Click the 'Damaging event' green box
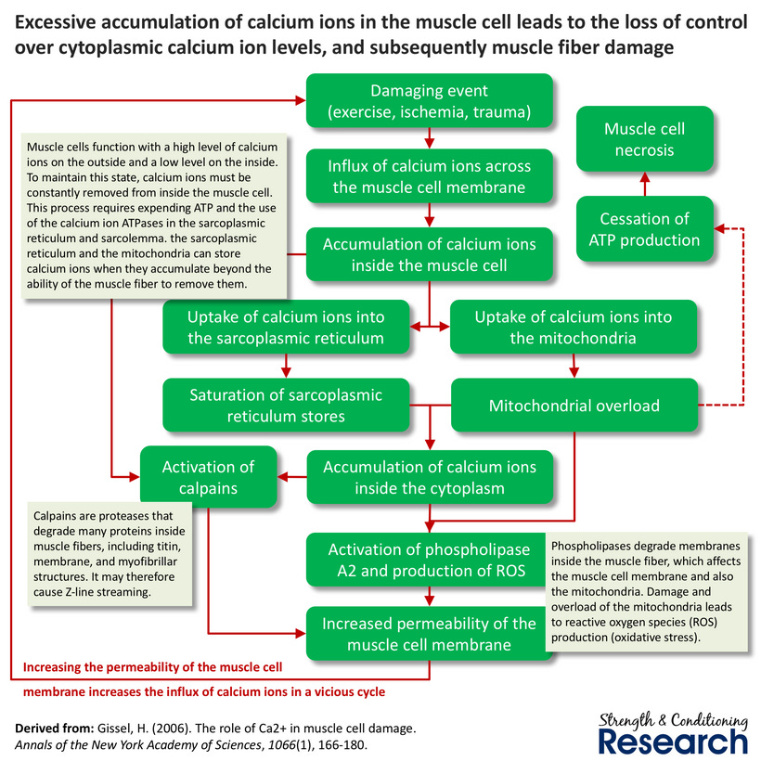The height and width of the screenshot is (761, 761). tap(429, 102)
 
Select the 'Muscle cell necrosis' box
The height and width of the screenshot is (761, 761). tap(645, 139)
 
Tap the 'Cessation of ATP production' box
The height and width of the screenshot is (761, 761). tap(645, 229)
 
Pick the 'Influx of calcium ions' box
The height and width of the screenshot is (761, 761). tap(429, 177)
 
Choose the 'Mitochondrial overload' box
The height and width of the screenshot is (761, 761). tap(574, 406)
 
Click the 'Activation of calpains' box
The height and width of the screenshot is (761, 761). tap(208, 477)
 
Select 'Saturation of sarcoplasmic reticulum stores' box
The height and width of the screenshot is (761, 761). tap(285, 406)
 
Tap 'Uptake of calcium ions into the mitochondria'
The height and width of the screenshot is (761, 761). tap(573, 327)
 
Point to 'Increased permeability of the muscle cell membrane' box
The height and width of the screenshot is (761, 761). tap(429, 634)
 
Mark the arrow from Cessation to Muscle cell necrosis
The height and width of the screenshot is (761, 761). tap(645, 187)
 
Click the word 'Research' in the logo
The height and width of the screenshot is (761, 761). tap(672, 740)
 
